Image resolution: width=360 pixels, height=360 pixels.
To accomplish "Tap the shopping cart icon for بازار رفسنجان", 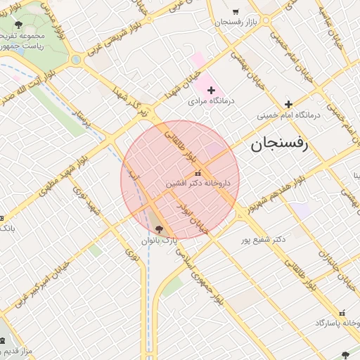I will (235, 11).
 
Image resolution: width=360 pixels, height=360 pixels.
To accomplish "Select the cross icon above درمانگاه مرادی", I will (211, 90).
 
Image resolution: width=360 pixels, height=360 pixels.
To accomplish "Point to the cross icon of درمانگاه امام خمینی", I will (288, 104).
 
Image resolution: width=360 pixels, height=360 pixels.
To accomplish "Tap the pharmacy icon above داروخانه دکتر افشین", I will (197, 173).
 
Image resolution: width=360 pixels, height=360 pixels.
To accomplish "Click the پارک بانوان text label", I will (157, 240).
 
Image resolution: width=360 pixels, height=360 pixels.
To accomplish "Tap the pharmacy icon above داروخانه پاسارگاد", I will (342, 313).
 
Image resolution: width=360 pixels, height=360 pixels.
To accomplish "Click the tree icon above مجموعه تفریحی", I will (18, 25).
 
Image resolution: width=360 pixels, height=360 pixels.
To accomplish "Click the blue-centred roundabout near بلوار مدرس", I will (75, 60).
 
